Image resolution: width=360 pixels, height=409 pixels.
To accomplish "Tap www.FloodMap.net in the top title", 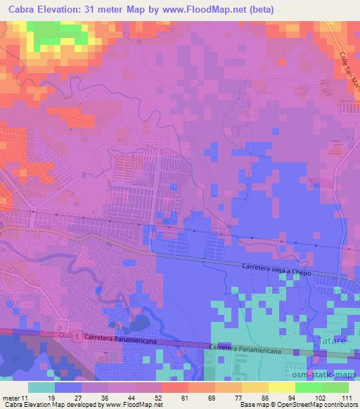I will (204, 10).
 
